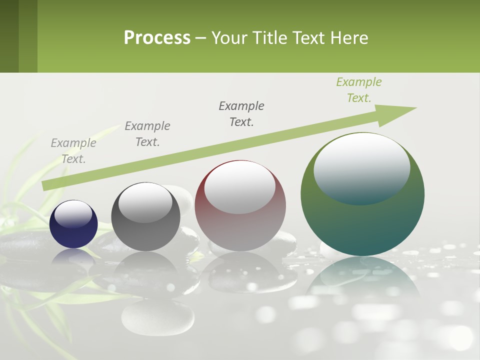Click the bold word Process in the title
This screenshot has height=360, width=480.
(157, 37)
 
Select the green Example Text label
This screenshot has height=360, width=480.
(359, 90)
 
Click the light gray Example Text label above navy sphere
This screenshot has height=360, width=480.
(73, 150)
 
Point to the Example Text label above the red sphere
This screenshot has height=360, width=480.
(241, 113)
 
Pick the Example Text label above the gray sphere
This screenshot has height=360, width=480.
(147, 133)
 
